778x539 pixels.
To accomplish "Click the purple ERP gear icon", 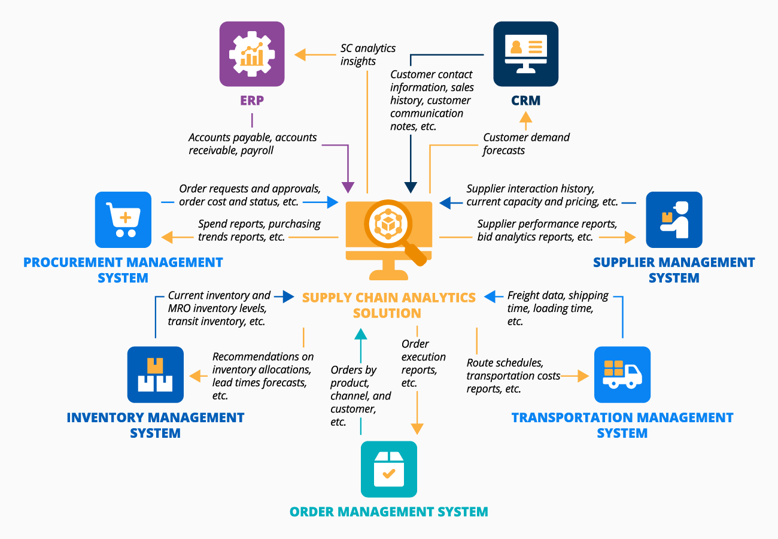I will pyautogui.click(x=252, y=54).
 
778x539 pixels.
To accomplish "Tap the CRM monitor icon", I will pyautogui.click(x=525, y=54).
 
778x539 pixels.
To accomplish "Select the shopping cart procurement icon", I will pyautogui.click(x=123, y=219).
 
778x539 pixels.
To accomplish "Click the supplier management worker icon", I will pyautogui.click(x=674, y=219).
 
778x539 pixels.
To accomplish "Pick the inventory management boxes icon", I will pyautogui.click(x=155, y=374).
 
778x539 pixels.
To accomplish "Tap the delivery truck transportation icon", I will pyautogui.click(x=622, y=374).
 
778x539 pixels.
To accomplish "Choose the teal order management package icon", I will pyautogui.click(x=389, y=469).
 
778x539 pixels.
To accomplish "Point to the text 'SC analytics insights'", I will pyautogui.click(x=368, y=54).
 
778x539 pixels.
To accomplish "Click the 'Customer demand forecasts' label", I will pyautogui.click(x=526, y=144).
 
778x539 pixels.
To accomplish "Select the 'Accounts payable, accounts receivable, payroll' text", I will pyautogui.click(x=253, y=144).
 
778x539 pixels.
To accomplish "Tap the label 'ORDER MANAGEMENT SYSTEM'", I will pyautogui.click(x=389, y=511).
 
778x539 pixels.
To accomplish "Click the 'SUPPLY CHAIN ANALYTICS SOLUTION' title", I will pyautogui.click(x=389, y=305).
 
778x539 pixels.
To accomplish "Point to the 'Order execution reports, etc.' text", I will pyautogui.click(x=423, y=363).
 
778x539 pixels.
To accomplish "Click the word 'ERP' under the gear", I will pyautogui.click(x=252, y=101).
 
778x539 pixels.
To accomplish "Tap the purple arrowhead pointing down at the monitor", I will pyautogui.click(x=347, y=186).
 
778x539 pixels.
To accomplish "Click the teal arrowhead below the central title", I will pyautogui.click(x=360, y=333).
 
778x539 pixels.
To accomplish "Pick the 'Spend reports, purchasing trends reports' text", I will pyautogui.click(x=259, y=230).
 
